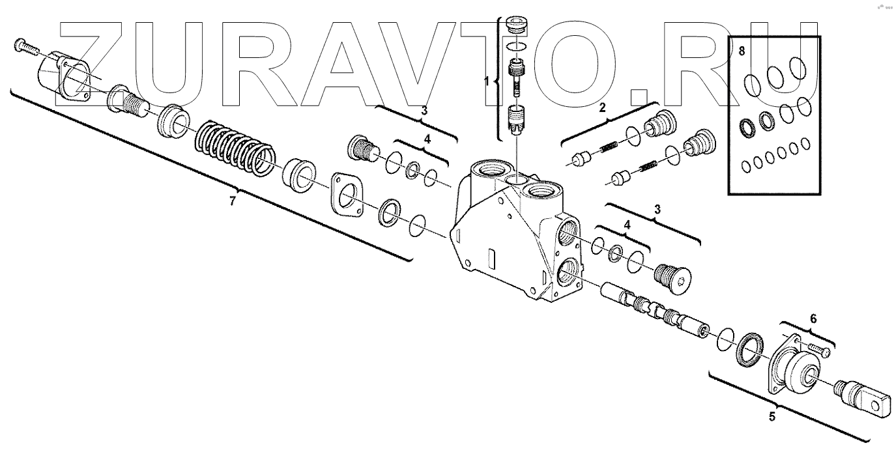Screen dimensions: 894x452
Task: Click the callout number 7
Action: pyautogui.click(x=233, y=200)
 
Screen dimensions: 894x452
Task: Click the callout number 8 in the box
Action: pyautogui.click(x=742, y=51)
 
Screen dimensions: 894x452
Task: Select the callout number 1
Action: pyautogui.click(x=487, y=81)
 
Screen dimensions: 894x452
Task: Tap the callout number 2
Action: pyautogui.click(x=602, y=107)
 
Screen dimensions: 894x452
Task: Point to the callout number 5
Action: pyautogui.click(x=772, y=417)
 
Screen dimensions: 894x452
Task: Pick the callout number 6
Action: pyautogui.click(x=813, y=318)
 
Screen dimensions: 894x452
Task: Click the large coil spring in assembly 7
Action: pyautogui.click(x=235, y=148)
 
